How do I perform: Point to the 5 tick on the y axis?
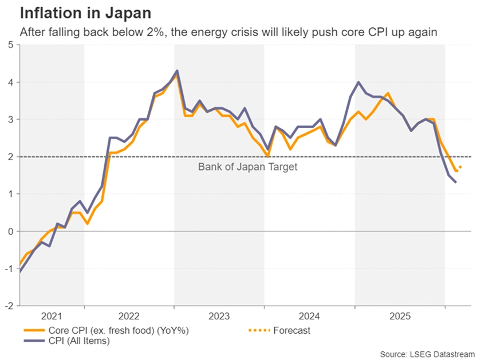pyautogui.click(x=10, y=45)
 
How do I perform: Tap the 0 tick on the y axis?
pyautogui.click(x=10, y=231)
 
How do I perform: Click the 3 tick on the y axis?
pyautogui.click(x=10, y=120)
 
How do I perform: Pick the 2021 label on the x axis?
pyautogui.click(x=52, y=315)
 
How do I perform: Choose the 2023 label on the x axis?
pyautogui.click(x=219, y=315)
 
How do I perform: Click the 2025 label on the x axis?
pyautogui.click(x=399, y=315)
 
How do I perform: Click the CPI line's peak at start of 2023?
pyautogui.click(x=177, y=70)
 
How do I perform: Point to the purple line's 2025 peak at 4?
pyautogui.click(x=358, y=82)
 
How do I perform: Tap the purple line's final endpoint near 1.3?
pyautogui.click(x=456, y=182)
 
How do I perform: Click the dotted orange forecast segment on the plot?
pyautogui.click(x=459, y=169)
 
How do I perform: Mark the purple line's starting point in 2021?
pyautogui.click(x=21, y=271)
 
